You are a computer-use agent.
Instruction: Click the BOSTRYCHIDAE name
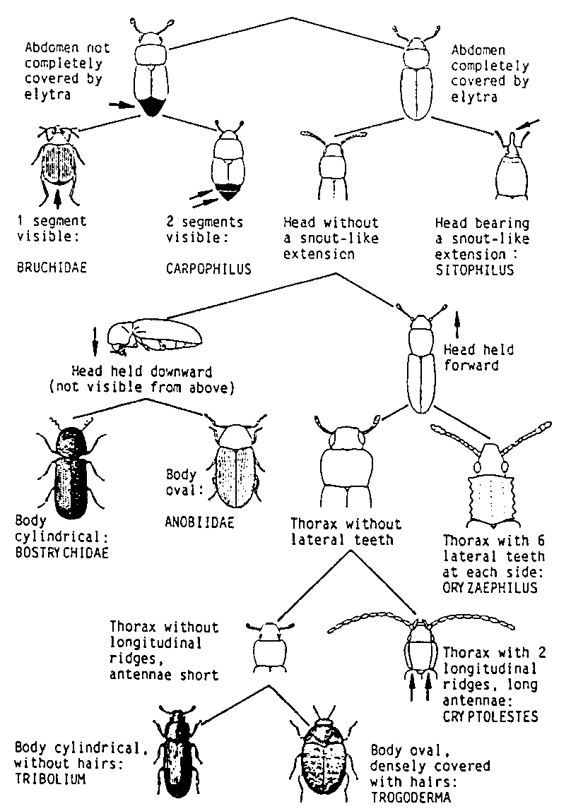[62, 553]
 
